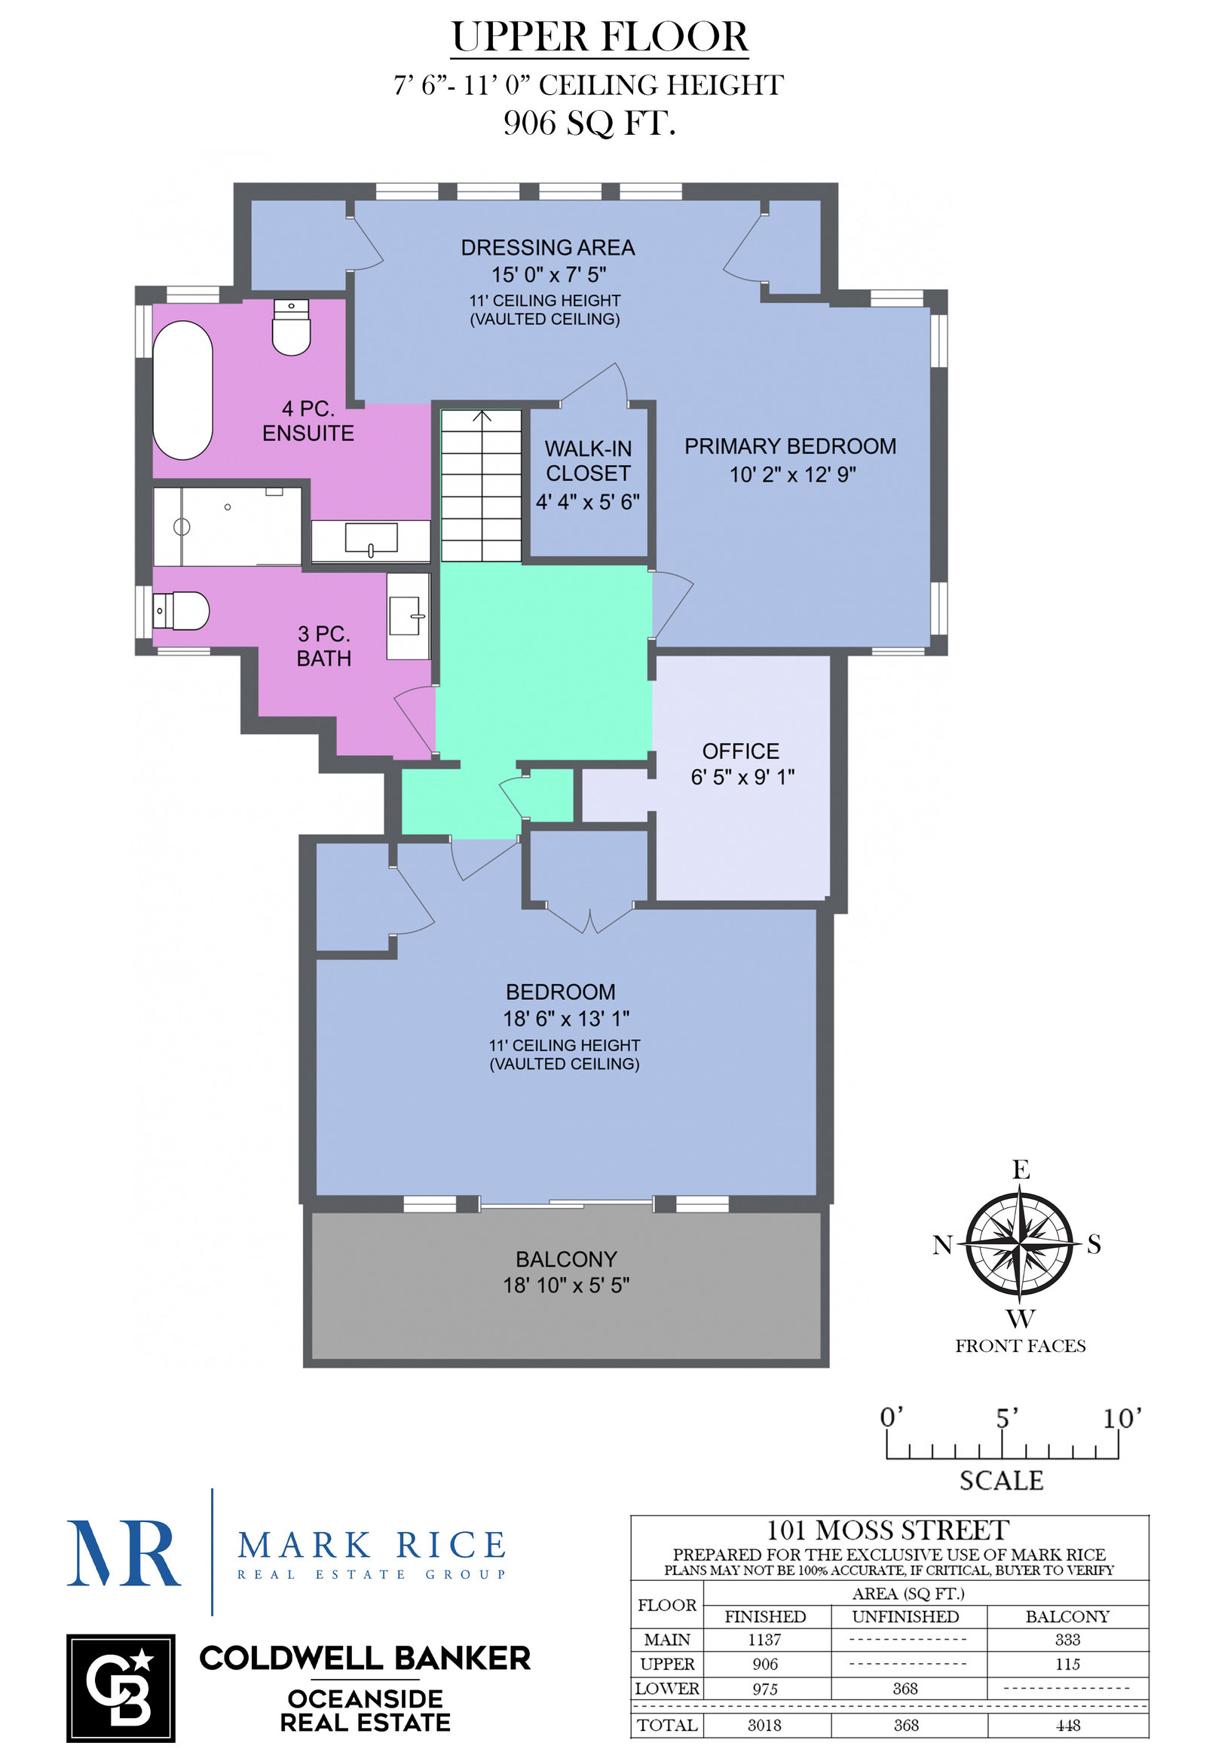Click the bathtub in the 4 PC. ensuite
(183, 390)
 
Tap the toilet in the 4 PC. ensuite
(291, 327)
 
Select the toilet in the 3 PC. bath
(181, 610)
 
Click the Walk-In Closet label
(588, 461)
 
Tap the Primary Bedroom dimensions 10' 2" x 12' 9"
(792, 475)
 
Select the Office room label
(740, 751)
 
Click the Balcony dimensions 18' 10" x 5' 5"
(566, 1285)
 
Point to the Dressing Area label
(548, 248)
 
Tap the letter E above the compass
(1021, 1170)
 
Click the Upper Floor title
(600, 37)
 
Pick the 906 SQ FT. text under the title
(589, 123)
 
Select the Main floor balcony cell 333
(1068, 1640)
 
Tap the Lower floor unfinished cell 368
(905, 1689)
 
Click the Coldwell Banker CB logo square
(121, 1689)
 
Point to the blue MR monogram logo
(123, 1553)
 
